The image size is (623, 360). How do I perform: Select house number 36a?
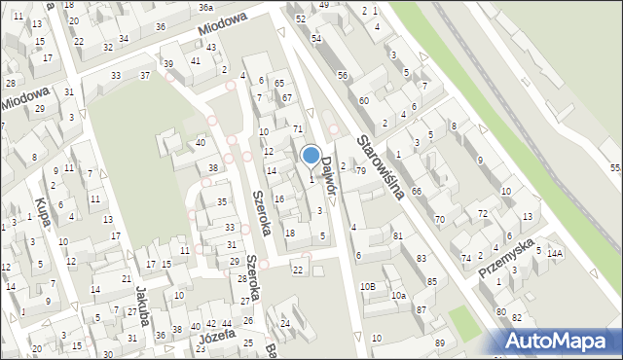point(205,7)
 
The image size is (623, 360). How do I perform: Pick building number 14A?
point(555,254)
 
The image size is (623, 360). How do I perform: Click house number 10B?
point(367,286)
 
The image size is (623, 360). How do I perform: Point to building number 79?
point(360,171)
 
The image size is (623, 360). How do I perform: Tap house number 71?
point(298,129)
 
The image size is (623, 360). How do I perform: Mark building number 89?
point(440,342)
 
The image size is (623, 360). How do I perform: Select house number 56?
point(343,75)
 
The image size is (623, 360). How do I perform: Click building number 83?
point(421,258)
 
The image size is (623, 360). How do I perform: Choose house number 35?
point(222,201)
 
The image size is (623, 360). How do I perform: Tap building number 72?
point(482,213)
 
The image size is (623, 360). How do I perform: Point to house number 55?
point(615,168)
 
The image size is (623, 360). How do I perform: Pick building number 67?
point(287,98)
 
